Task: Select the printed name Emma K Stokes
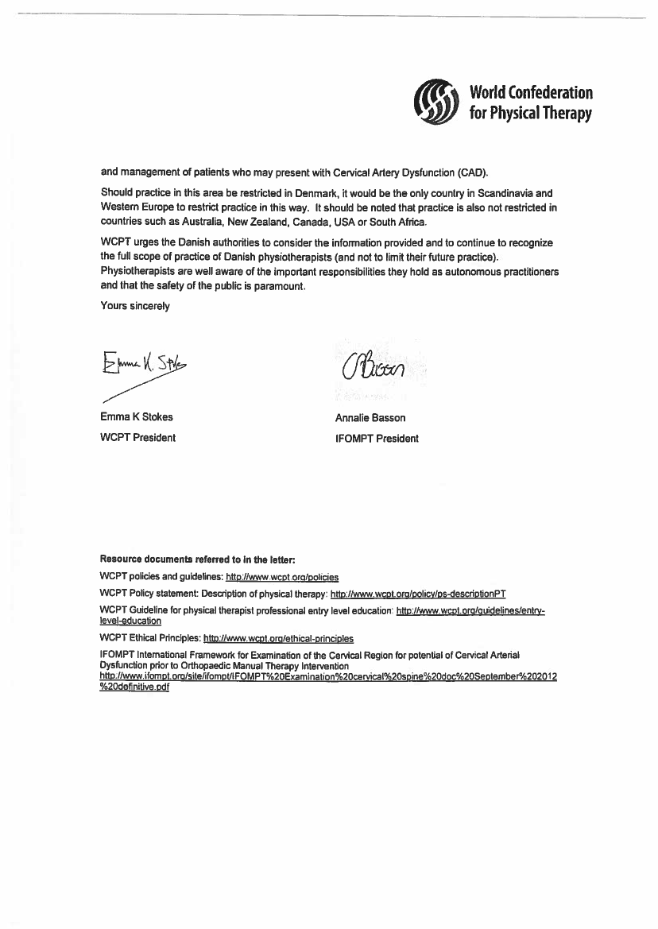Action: (x=136, y=417)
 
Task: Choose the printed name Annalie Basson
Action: (x=370, y=418)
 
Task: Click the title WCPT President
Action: (x=137, y=437)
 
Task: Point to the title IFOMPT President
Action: (x=377, y=438)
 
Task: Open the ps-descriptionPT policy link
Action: (x=418, y=594)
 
